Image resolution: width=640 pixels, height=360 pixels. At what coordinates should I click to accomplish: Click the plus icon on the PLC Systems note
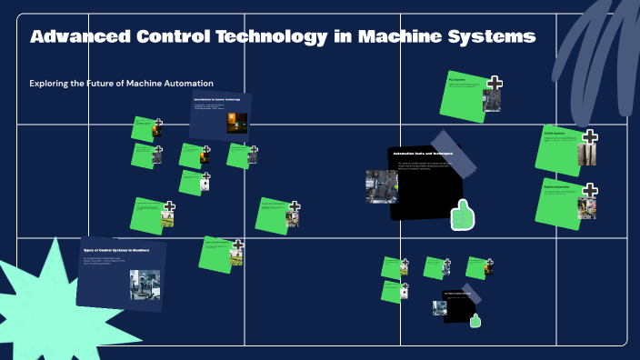[494, 84]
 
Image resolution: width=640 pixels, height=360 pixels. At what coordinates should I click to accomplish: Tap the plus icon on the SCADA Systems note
[590, 137]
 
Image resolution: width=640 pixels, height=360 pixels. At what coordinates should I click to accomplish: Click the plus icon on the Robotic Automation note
[590, 191]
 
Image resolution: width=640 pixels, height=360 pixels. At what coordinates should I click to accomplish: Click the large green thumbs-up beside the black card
[464, 215]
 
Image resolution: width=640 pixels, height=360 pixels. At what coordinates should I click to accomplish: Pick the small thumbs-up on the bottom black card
[475, 319]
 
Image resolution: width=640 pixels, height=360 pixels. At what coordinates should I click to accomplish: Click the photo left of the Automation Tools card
[381, 186]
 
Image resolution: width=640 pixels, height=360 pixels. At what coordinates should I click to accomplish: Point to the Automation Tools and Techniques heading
[424, 155]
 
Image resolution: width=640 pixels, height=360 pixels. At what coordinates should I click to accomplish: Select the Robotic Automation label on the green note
[557, 186]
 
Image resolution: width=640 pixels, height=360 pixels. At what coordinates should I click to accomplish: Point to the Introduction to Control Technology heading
[216, 98]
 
